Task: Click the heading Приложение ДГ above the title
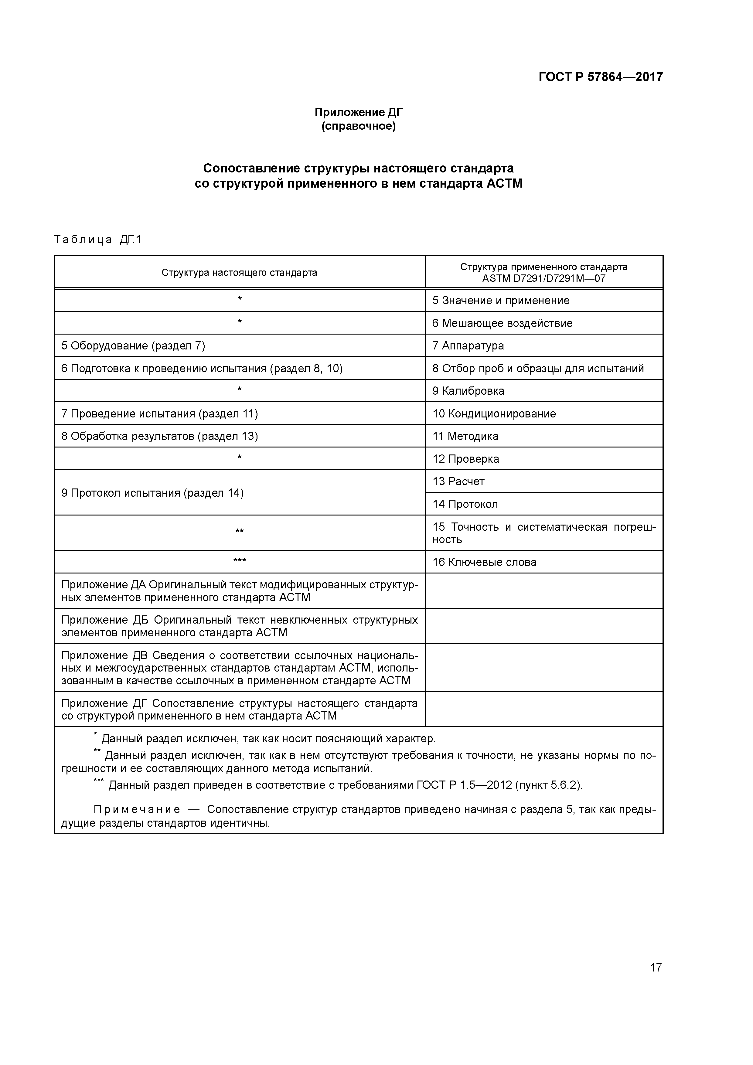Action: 359,112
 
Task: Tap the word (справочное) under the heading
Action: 359,126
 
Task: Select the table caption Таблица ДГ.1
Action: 97,240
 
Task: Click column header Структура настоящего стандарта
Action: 239,273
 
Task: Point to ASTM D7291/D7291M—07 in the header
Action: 544,279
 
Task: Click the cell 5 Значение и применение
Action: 501,301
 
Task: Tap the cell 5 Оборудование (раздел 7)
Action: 133,345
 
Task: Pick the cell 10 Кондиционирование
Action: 494,414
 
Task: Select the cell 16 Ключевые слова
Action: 484,562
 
